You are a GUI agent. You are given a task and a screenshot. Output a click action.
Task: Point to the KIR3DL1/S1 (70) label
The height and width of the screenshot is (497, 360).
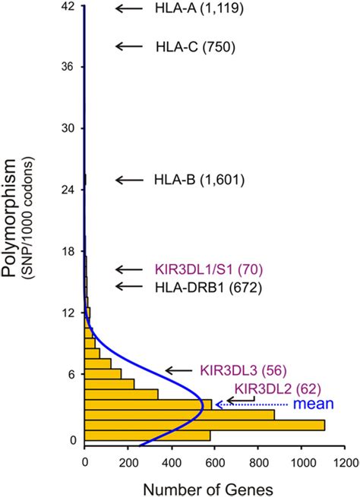click(x=208, y=269)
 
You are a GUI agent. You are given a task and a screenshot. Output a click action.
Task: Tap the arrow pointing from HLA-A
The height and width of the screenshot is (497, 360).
click(x=130, y=9)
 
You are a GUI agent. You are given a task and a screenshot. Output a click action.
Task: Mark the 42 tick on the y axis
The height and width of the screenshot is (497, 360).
click(x=67, y=6)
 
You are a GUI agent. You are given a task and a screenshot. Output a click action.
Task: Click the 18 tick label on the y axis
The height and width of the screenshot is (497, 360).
click(x=67, y=251)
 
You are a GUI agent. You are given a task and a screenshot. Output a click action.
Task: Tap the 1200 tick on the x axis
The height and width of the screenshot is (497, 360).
click(x=344, y=461)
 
